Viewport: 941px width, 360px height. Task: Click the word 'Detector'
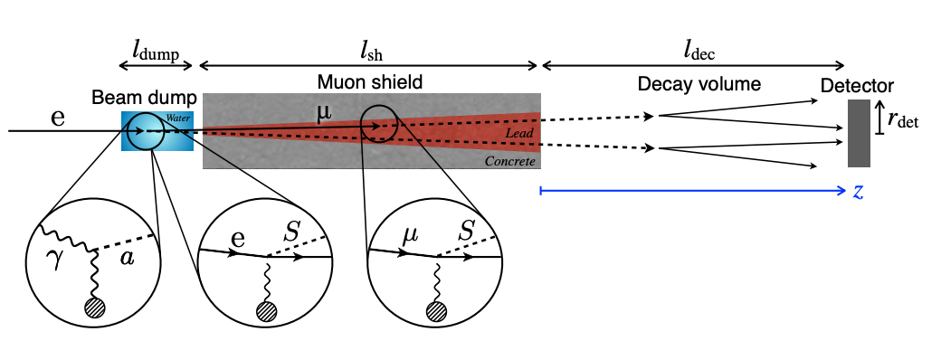(857, 86)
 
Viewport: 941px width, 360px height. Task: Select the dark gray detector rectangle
(859, 133)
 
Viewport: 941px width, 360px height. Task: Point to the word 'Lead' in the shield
(519, 133)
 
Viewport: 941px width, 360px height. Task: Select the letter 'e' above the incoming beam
(58, 118)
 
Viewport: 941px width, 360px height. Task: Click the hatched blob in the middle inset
(264, 310)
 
